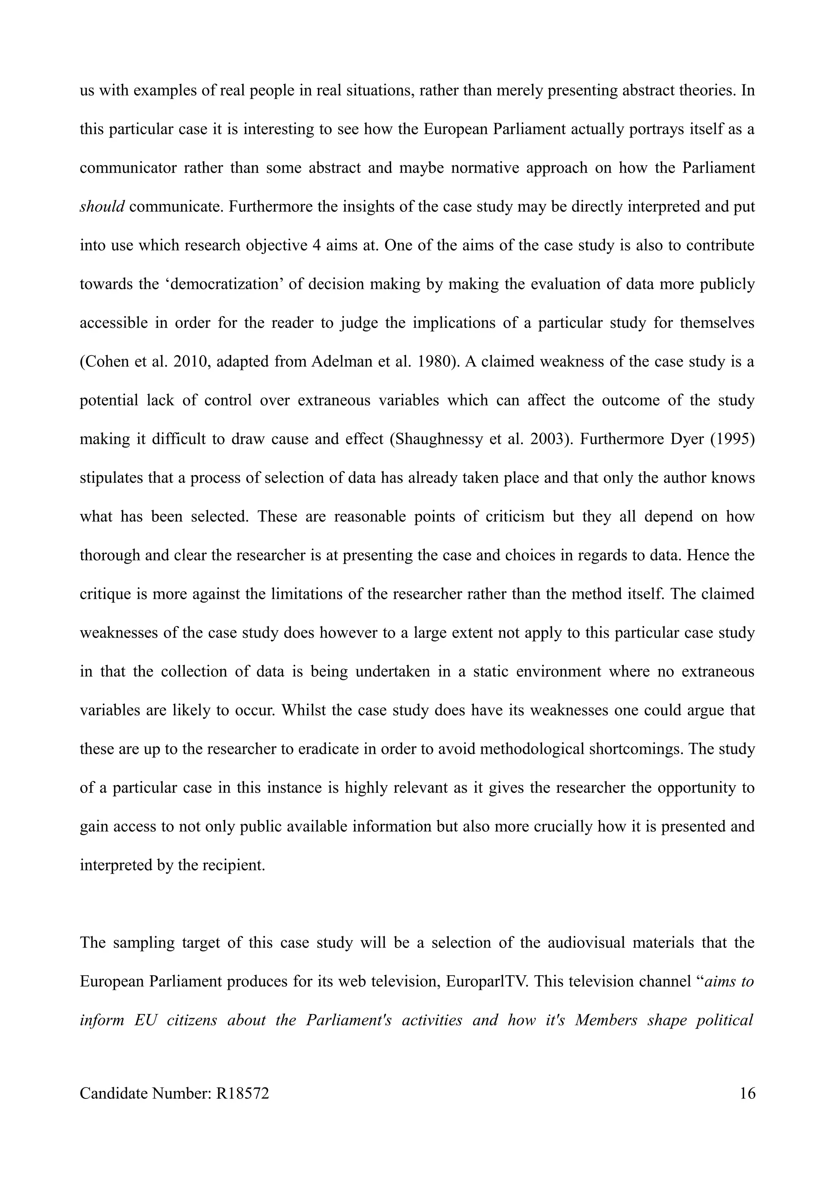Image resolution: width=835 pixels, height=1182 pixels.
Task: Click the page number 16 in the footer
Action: tap(747, 1107)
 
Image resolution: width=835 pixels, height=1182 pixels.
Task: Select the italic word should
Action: tap(102, 206)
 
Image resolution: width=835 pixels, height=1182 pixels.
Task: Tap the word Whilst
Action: tap(307, 710)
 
